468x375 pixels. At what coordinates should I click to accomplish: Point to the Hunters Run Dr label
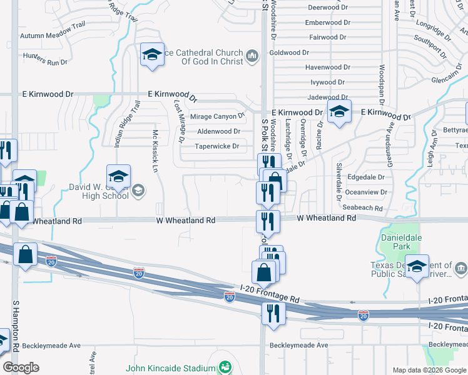coord(44,62)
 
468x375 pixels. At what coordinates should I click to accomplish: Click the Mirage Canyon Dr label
coord(217,116)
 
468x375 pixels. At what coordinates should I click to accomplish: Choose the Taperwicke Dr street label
coord(217,146)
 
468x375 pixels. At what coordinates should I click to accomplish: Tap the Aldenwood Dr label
coord(218,131)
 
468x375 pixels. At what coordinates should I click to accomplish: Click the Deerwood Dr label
coord(328,7)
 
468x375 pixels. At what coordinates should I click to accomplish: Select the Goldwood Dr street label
coord(289,52)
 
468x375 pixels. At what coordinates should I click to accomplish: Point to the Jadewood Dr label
coord(327,97)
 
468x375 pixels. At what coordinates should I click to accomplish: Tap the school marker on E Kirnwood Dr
coord(339,112)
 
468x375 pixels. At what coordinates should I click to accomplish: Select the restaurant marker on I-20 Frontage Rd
coord(273,313)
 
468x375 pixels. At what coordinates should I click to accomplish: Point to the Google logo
coord(21,367)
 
